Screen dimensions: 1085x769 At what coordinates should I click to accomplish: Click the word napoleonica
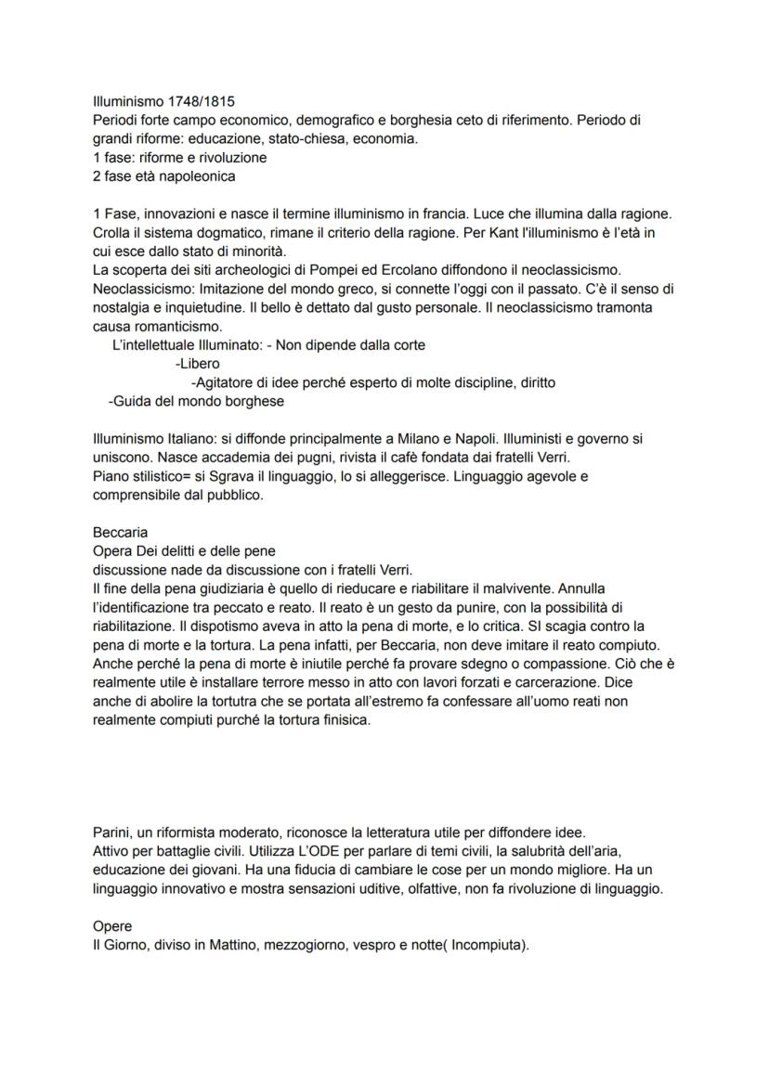pos(195,176)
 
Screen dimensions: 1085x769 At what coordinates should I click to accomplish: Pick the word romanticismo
pos(180,326)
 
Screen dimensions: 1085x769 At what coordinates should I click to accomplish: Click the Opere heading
pos(112,925)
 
